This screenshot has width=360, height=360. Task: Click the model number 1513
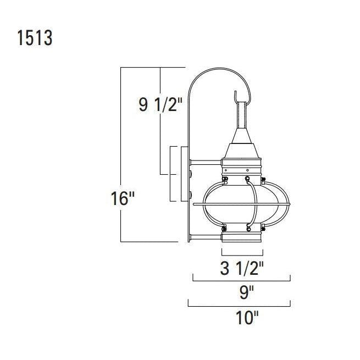click(x=35, y=38)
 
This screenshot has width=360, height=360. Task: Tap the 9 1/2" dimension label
click(x=160, y=104)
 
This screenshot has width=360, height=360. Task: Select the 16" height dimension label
click(x=123, y=198)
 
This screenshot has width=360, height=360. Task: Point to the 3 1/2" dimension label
click(x=242, y=268)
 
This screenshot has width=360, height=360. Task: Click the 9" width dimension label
click(x=247, y=293)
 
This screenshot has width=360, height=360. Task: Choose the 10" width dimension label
click(x=247, y=318)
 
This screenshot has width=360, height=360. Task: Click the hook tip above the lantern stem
click(x=235, y=92)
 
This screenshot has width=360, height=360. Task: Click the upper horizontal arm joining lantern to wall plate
click(x=206, y=163)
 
